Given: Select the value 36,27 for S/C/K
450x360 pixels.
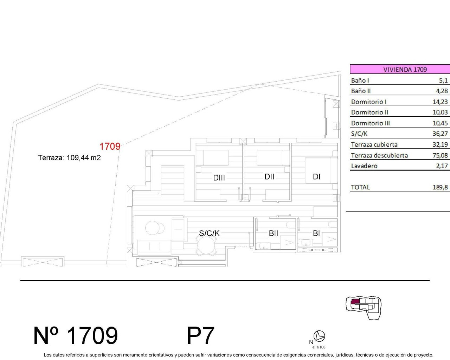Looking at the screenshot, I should point(440,134).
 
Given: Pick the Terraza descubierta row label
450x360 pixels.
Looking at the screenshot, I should point(379,155).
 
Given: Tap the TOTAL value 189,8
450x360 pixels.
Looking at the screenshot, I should point(440,187).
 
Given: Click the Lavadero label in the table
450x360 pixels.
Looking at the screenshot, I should point(364,166).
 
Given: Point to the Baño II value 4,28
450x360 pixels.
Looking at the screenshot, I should point(442,91).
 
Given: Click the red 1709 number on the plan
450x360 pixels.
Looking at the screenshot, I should point(110,146).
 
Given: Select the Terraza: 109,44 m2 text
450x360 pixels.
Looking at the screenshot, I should point(69,157).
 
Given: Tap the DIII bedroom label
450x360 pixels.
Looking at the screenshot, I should point(219,178).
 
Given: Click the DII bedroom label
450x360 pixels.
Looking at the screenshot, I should point(269,176).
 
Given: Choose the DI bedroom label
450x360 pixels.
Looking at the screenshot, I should point(316,176).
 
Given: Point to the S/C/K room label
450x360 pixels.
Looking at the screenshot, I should point(209,233).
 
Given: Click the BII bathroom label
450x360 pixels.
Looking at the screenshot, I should point(273,233).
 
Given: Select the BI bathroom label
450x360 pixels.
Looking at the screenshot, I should point(316,233).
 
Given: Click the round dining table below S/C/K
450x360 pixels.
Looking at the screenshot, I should point(206,245).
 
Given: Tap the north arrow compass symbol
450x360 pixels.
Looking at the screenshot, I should point(319,336).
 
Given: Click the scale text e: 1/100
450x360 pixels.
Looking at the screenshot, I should point(319,347).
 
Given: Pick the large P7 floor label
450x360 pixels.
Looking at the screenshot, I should point(200,335).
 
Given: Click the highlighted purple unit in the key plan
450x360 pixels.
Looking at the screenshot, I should point(355,301).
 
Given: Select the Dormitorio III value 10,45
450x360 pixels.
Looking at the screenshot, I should point(440,123).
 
